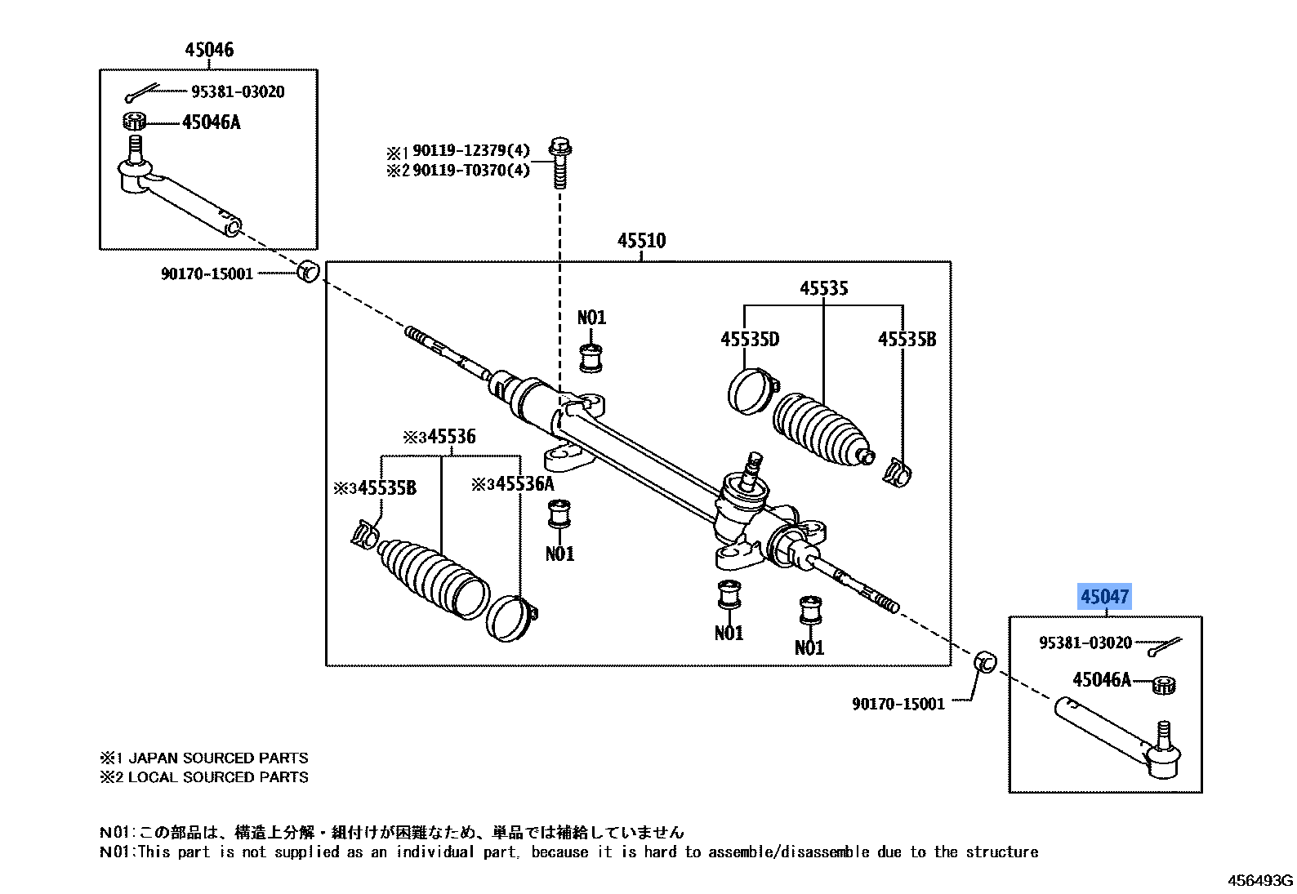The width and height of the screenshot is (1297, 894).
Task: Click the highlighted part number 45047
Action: click(1104, 597)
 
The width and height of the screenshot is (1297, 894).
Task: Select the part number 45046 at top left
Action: click(209, 50)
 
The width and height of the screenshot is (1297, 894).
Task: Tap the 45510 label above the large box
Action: click(641, 241)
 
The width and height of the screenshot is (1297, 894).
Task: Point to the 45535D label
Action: click(749, 339)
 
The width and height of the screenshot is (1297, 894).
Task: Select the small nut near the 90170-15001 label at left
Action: click(307, 271)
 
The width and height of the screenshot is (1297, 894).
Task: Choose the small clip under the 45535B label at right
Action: click(898, 471)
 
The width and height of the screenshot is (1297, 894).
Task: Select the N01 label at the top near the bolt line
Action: click(591, 318)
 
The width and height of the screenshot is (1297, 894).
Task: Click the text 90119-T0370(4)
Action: click(471, 171)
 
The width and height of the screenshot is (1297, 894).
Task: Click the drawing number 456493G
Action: click(1261, 880)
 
